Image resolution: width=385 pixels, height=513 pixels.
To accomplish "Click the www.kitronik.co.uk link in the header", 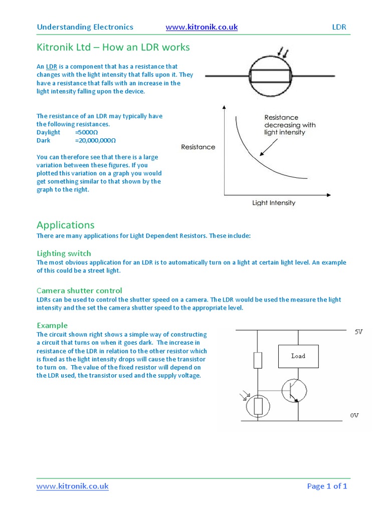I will coord(201,27).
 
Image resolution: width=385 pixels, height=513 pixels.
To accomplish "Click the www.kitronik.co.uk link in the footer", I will coord(72,486).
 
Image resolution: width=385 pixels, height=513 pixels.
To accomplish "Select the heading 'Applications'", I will coord(66,225).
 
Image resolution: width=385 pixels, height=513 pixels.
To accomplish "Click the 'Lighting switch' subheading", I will coord(64,253).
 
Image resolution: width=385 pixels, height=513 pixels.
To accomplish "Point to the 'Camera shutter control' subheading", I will coord(79,291).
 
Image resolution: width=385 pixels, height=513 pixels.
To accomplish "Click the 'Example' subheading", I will coord(52,325).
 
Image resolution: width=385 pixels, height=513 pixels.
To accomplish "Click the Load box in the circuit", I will coord(298,356).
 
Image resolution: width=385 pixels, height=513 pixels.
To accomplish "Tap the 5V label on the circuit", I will coord(358,332).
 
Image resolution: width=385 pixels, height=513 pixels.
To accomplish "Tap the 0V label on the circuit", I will coord(355,415).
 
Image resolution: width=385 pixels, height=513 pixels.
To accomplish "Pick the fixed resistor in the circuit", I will coord(258,359).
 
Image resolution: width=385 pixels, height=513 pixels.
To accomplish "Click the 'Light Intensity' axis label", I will coord(273,203).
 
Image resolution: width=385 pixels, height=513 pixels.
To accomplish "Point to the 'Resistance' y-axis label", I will coord(198,147).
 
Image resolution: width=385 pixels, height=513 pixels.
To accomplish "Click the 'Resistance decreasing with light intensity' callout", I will coord(289,125).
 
